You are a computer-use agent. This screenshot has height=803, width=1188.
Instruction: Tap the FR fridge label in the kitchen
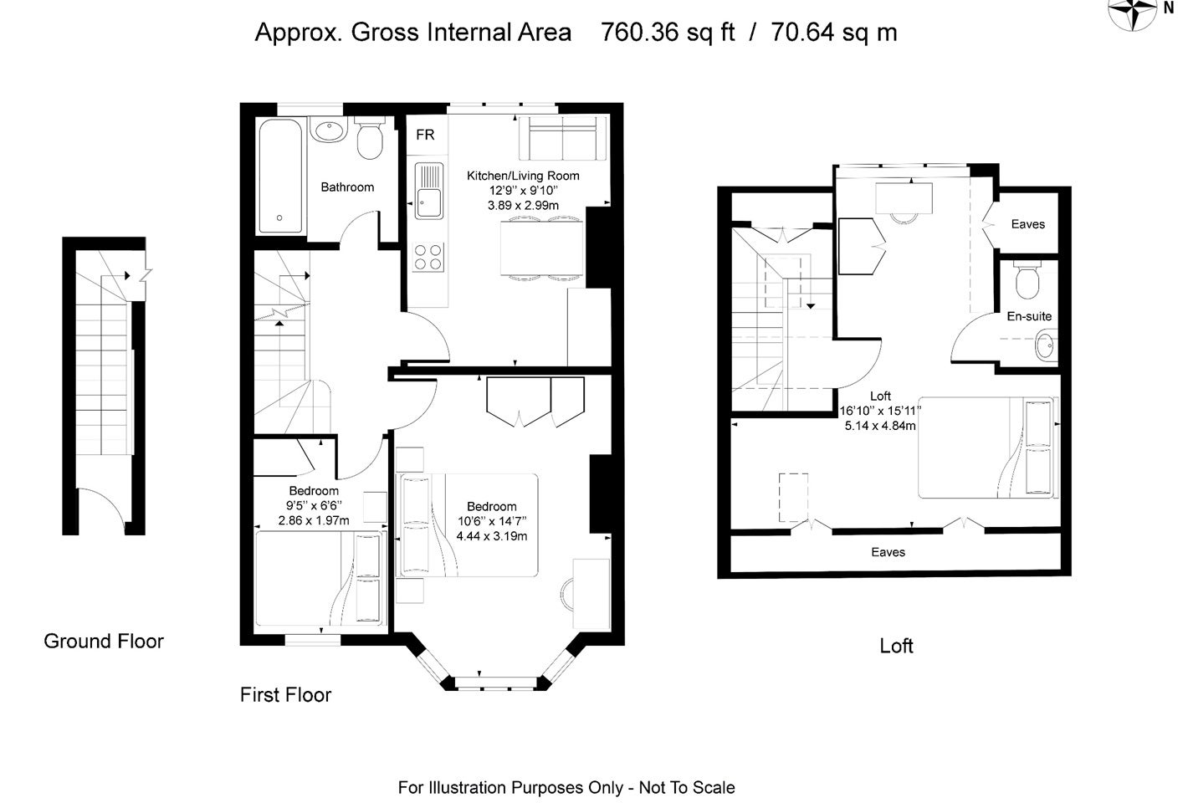425,135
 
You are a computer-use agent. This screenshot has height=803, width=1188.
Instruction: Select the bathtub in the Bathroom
280,176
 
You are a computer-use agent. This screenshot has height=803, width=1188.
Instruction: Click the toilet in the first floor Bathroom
370,138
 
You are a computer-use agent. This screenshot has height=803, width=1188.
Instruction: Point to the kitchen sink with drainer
429,191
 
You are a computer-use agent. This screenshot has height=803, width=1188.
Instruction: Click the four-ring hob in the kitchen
428,258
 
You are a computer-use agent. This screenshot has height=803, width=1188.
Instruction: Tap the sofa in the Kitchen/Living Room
563,138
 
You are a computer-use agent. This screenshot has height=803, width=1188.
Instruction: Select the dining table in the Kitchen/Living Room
542,248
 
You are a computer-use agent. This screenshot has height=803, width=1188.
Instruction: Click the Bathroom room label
347,187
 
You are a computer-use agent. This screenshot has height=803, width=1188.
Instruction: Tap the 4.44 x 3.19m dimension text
492,535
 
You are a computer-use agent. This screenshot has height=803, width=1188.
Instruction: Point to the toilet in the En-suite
1027,279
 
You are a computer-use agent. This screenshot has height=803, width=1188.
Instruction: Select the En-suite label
1029,316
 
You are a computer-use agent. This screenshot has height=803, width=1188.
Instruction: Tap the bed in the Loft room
986,448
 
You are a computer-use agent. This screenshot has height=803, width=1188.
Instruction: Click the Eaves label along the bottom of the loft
888,552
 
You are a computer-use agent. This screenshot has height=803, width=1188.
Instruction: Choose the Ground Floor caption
104,642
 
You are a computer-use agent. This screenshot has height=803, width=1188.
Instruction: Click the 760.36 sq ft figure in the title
667,33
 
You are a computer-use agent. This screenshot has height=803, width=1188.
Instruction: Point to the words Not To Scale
687,788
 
